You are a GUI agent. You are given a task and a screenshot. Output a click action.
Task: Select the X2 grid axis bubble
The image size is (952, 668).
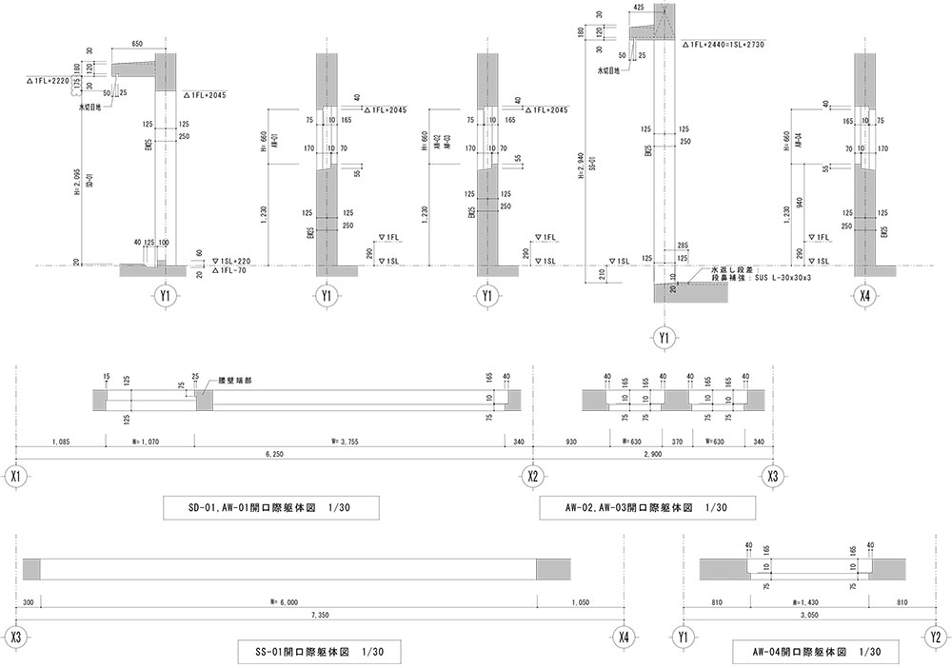[534, 476]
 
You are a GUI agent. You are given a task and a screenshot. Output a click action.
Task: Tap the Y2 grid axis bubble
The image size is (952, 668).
[936, 637]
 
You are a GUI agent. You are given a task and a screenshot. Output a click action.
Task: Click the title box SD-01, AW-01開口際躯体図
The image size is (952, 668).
[270, 509]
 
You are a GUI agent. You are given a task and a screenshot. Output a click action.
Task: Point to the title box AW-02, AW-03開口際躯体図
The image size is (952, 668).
[646, 509]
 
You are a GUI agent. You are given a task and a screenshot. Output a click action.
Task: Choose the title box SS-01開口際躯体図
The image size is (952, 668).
[319, 652]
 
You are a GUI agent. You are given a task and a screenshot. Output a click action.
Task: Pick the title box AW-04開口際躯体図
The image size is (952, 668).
[814, 652]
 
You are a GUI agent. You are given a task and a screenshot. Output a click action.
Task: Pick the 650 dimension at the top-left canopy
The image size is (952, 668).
[138, 44]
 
